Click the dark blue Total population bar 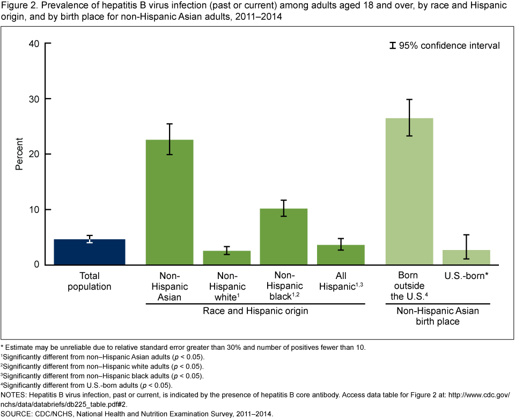pyautogui.click(x=90, y=252)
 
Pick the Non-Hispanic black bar pyautogui.click(x=283, y=237)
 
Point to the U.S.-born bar pyautogui.click(x=466, y=257)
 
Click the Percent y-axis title pyautogui.click(x=19, y=155)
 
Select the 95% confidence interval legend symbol pyautogui.click(x=393, y=46)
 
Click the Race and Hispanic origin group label pyautogui.click(x=255, y=311)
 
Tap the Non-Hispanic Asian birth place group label pyautogui.click(x=437, y=316)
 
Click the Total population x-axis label pyautogui.click(x=90, y=281)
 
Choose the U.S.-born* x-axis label pyautogui.click(x=466, y=276)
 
